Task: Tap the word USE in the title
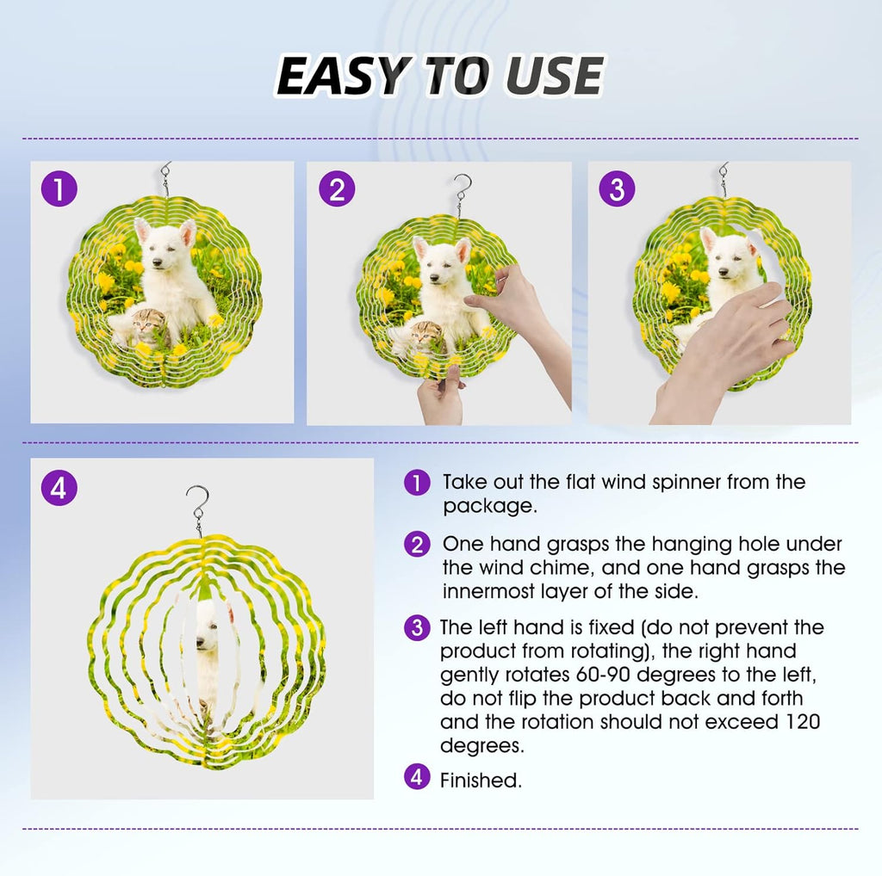(x=554, y=76)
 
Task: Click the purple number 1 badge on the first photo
(x=59, y=188)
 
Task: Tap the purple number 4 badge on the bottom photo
(x=59, y=488)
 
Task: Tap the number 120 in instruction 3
(x=798, y=721)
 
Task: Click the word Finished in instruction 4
(x=481, y=780)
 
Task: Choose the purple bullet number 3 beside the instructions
(x=417, y=627)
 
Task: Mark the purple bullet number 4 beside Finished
(x=417, y=777)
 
